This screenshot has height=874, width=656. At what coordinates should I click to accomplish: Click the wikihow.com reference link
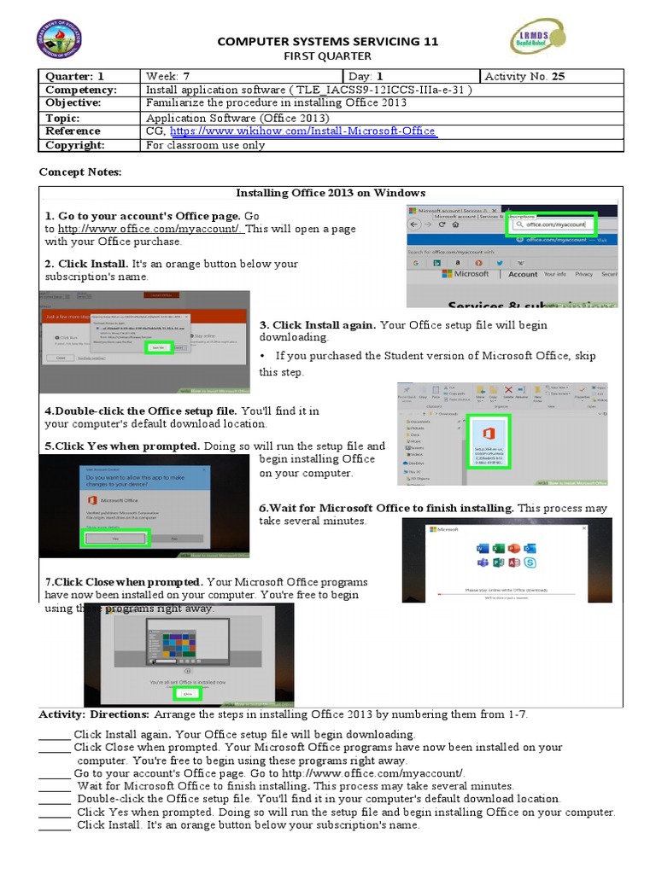pos(303,131)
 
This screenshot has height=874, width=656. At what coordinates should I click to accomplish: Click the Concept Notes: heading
pos(80,172)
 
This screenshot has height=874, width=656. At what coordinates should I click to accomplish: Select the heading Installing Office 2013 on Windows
pos(331,193)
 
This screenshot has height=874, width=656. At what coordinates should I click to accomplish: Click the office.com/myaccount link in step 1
pos(151,229)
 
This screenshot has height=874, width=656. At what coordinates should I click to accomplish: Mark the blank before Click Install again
pos(55,735)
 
